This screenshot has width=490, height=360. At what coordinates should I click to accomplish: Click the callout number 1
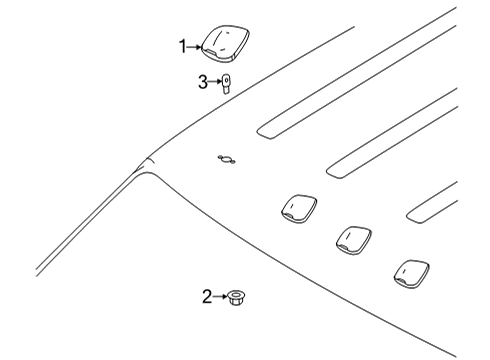pos(183,45)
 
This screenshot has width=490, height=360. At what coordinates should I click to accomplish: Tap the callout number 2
pos(207,295)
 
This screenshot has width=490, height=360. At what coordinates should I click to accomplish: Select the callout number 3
pos(203,83)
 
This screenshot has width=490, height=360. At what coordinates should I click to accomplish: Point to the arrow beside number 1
pos(196,45)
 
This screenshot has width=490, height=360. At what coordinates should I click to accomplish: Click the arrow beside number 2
pos(220,295)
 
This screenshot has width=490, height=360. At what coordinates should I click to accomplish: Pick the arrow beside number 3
pos(215,83)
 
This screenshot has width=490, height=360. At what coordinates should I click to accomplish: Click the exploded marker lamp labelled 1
pos(225,42)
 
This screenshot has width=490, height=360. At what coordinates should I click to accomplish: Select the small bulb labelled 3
pos(228,84)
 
